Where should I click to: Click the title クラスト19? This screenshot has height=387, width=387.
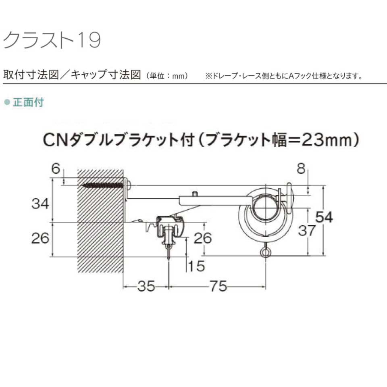(x=52, y=40)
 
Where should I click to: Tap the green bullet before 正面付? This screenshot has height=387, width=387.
(x=6, y=102)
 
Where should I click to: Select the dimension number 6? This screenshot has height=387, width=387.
(x=55, y=169)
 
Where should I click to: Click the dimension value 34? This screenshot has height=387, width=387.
(x=40, y=204)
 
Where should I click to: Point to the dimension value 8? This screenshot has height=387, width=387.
(x=301, y=169)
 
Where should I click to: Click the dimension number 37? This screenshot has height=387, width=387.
(x=307, y=231)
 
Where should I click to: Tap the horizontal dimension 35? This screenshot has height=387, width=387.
(x=146, y=287)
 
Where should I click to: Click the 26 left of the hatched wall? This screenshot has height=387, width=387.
(x=40, y=238)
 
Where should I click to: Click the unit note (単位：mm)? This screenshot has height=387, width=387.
(x=167, y=76)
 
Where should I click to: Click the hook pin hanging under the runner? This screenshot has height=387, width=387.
(x=168, y=252)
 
